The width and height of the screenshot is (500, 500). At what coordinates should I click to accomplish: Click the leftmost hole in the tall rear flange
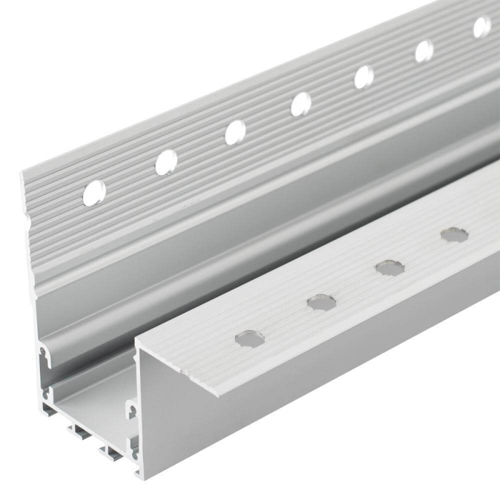[x=94, y=193]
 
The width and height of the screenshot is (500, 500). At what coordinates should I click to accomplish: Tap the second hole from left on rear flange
[x=166, y=162]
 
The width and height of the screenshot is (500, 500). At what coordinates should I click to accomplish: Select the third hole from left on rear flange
[x=236, y=132]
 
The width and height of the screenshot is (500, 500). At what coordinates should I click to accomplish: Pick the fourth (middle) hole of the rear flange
[x=301, y=104]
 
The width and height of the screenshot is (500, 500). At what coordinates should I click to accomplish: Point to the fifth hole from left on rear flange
[x=364, y=77]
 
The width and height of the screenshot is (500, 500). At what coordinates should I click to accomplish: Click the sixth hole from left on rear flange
[x=424, y=51]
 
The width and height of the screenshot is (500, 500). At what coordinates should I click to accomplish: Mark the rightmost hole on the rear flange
[x=482, y=27]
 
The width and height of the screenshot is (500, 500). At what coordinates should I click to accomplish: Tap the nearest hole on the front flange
[x=249, y=338]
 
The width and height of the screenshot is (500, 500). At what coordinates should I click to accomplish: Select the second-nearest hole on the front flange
[x=321, y=303]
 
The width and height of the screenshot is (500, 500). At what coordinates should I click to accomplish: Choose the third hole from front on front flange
[x=389, y=267]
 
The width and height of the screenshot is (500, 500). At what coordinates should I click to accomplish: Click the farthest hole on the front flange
[x=454, y=235]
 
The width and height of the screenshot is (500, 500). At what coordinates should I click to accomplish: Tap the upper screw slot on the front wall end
[x=132, y=409]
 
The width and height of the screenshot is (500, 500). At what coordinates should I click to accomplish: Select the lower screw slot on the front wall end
[x=134, y=447]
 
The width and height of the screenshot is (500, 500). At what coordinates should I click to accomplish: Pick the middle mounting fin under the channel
[x=83, y=432]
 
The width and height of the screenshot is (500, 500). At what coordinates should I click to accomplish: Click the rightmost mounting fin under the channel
[x=113, y=451]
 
